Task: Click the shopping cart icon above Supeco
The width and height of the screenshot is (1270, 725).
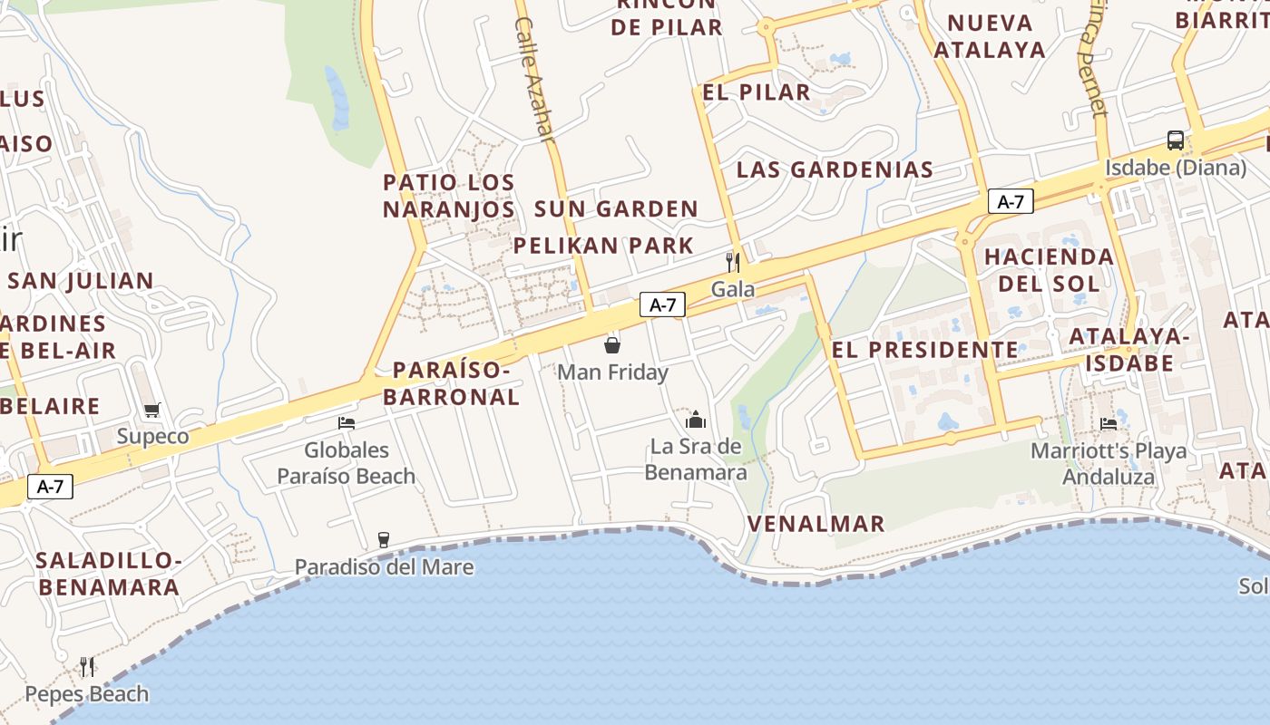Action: coord(152,411)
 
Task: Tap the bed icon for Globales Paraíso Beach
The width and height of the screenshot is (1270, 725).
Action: coord(346,422)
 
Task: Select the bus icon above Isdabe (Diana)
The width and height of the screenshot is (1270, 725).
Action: coord(1175,140)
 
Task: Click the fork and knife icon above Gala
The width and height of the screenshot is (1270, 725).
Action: coord(733,263)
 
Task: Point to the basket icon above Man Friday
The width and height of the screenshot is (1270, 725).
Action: coord(612,345)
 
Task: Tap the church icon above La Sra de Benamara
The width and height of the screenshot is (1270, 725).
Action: coord(696,420)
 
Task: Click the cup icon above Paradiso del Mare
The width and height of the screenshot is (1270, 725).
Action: coord(384,540)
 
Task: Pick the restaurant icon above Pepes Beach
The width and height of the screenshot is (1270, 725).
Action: coord(87,667)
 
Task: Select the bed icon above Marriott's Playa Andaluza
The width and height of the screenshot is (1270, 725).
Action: coord(1108,423)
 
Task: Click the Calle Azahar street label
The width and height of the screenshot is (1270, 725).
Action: coord(533,79)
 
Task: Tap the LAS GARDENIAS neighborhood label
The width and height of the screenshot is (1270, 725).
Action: coord(835,169)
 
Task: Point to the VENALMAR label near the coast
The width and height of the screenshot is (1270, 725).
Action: coord(816,523)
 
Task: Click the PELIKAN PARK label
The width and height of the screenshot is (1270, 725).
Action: coord(603,246)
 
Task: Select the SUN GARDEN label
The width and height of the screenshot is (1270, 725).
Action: coord(616,209)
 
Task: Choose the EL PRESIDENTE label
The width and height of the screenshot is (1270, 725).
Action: coord(925,349)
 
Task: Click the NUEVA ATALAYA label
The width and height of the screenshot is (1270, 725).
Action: coord(990,36)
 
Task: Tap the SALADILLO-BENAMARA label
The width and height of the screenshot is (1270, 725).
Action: coord(109,574)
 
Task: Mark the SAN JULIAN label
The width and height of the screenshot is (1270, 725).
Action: coord(81,281)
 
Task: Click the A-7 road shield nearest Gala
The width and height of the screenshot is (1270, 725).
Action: coord(662,304)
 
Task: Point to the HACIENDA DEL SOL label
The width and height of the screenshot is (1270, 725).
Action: coord(1049,270)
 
